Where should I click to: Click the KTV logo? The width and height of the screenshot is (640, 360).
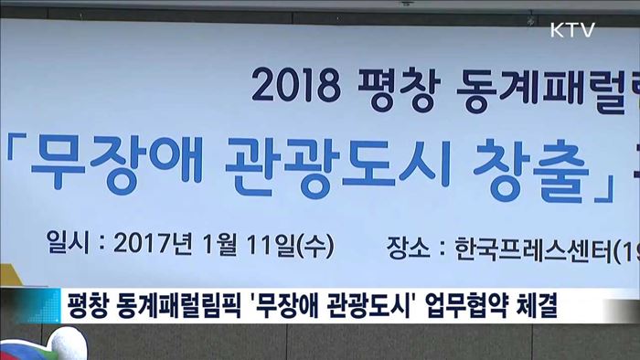pos(573,30)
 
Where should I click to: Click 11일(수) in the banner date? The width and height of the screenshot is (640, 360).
pos(283,245)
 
